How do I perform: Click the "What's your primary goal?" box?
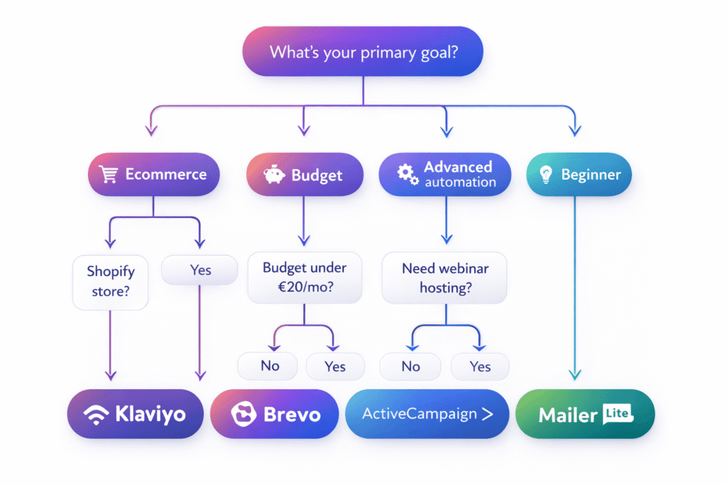pyautogui.click(x=363, y=52)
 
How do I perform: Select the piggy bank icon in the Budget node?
pyautogui.click(x=274, y=175)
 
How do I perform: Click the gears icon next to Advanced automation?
pyautogui.click(x=407, y=174)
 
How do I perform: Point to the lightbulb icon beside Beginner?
pyautogui.click(x=545, y=175)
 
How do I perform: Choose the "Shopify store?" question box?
pyautogui.click(x=111, y=281)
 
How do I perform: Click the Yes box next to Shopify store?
pyautogui.click(x=200, y=270)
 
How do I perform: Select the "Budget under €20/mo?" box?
pyautogui.click(x=304, y=278)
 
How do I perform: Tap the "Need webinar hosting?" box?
pyautogui.click(x=445, y=278)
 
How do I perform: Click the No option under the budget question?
pyautogui.click(x=270, y=366)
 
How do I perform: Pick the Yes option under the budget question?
pyautogui.click(x=335, y=366)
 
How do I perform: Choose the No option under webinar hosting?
pyautogui.click(x=410, y=366)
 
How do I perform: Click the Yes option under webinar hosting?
pyautogui.click(x=480, y=366)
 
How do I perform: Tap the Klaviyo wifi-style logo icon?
pyautogui.click(x=97, y=414)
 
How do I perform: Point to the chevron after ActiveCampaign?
pyautogui.click(x=486, y=414)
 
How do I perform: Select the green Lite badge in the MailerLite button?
pyautogui.click(x=617, y=412)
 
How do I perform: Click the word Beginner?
pyautogui.click(x=591, y=175)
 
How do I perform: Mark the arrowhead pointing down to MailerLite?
pyautogui.click(x=575, y=374)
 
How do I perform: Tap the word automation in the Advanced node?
pyautogui.click(x=460, y=182)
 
